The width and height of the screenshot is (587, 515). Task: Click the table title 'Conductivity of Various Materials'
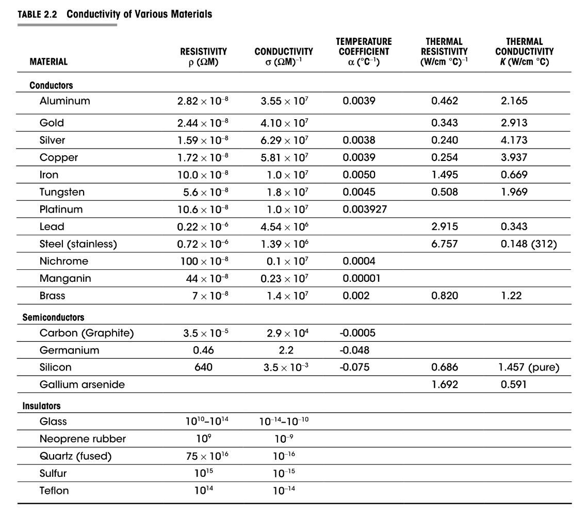139,14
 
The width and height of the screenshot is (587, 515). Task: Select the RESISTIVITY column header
203,57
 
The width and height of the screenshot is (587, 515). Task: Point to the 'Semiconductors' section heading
53,317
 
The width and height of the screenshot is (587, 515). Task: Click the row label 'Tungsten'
62,192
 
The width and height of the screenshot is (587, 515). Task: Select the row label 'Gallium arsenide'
82,384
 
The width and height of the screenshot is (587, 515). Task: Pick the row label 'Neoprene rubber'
83,439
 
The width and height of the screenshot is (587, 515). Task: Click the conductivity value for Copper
284,157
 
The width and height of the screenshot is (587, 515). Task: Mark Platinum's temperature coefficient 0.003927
365,210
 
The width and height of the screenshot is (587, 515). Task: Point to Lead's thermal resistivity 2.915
444,227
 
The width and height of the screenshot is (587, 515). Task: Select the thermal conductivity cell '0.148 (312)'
529,244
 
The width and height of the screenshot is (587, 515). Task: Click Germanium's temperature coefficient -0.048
356,350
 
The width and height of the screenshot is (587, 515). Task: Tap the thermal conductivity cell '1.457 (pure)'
529,367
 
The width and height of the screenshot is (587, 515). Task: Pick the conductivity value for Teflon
284,491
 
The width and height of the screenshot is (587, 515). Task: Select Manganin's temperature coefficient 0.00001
362,279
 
